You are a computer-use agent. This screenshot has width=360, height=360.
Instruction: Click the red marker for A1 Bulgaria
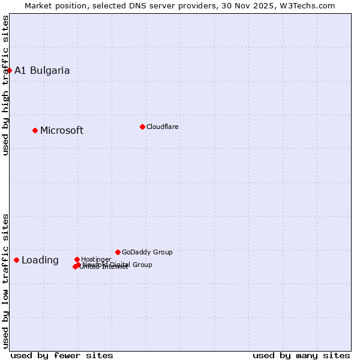pos(9,70)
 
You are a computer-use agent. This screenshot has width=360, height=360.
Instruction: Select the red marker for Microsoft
pos(35,130)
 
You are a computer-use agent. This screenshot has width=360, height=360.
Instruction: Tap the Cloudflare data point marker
pos(142,127)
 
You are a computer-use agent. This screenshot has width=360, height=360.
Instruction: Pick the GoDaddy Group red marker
pos(118,252)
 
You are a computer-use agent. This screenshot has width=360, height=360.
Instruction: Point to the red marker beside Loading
pos(16,260)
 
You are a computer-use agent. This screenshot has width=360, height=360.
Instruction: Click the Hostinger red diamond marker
pos(77,259)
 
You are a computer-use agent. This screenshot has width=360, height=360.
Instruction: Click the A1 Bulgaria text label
pos(42,71)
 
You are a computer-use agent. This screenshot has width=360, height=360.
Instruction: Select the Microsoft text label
pos(62,131)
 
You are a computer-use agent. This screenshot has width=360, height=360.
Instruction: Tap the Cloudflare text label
pos(162,127)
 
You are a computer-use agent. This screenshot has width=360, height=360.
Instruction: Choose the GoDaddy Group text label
pos(147,253)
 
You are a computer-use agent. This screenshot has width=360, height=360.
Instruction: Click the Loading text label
pos(40,260)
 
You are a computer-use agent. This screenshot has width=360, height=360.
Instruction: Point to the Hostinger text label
pos(96,259)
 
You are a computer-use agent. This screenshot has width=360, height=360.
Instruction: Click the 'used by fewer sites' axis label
pos(62,355)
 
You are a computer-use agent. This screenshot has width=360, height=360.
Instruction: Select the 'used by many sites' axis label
pos(301,355)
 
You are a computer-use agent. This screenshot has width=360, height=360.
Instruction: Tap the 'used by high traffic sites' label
pos(6,85)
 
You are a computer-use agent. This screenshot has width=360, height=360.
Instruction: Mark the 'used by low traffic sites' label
pos(6,280)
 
